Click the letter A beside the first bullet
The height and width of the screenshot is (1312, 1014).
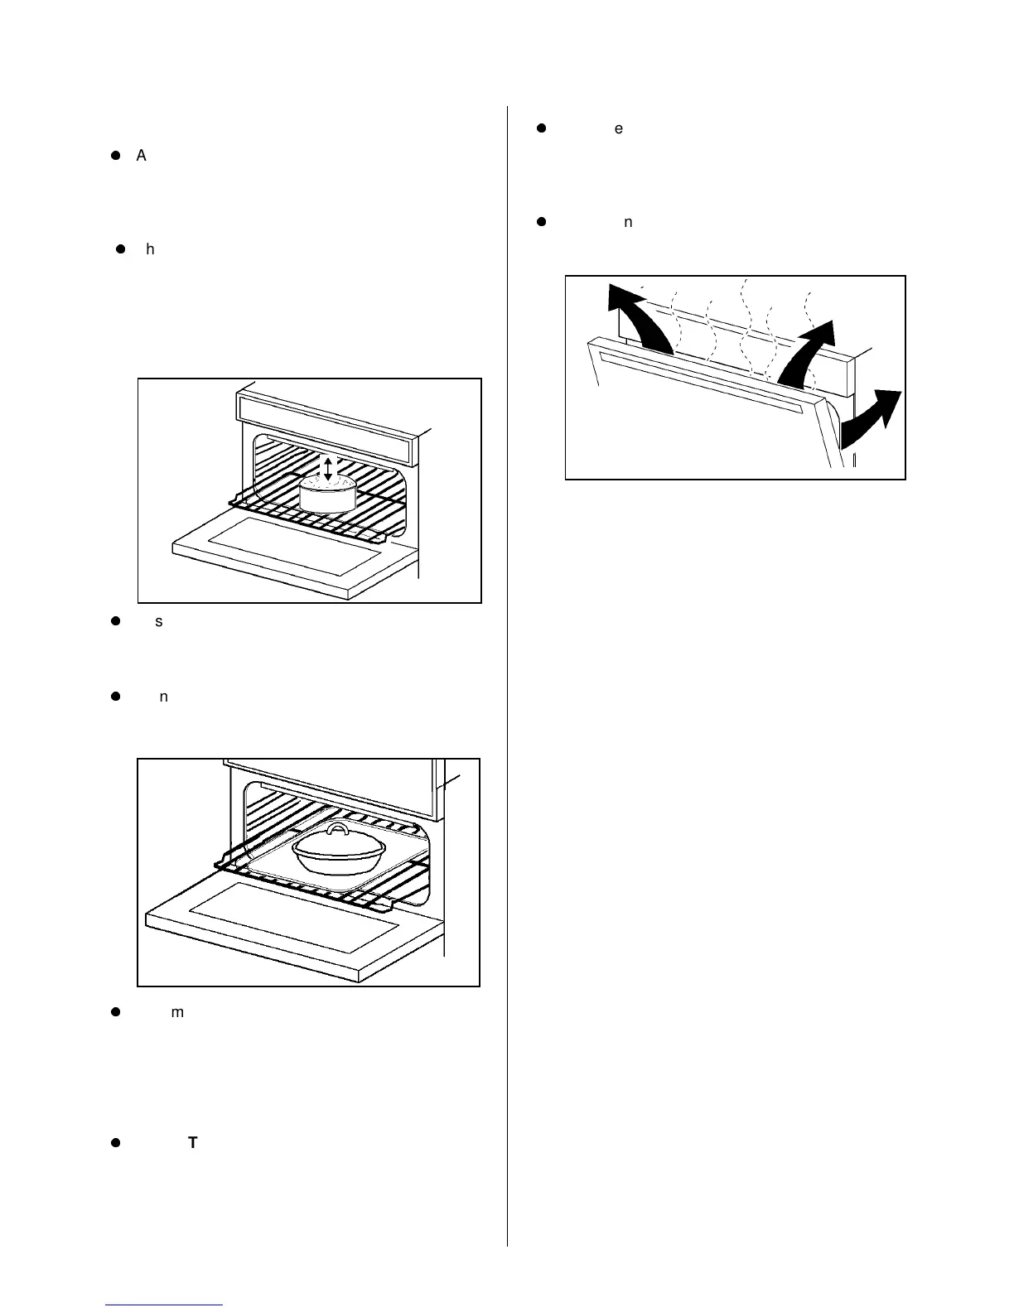[x=141, y=156]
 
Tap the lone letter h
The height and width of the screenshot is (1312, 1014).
[x=150, y=248]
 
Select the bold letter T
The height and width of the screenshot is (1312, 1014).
[x=192, y=1143]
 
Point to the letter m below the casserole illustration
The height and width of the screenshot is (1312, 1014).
[x=176, y=1012]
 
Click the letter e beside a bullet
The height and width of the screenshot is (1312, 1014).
[x=618, y=128]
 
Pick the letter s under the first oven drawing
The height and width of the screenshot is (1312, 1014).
[x=158, y=621]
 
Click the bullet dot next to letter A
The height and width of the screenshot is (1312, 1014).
[x=117, y=156]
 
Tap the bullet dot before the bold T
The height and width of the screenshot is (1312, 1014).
[x=117, y=1143]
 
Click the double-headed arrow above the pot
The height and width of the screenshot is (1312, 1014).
[x=328, y=468]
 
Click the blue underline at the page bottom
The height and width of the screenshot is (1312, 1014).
[x=165, y=1305]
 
